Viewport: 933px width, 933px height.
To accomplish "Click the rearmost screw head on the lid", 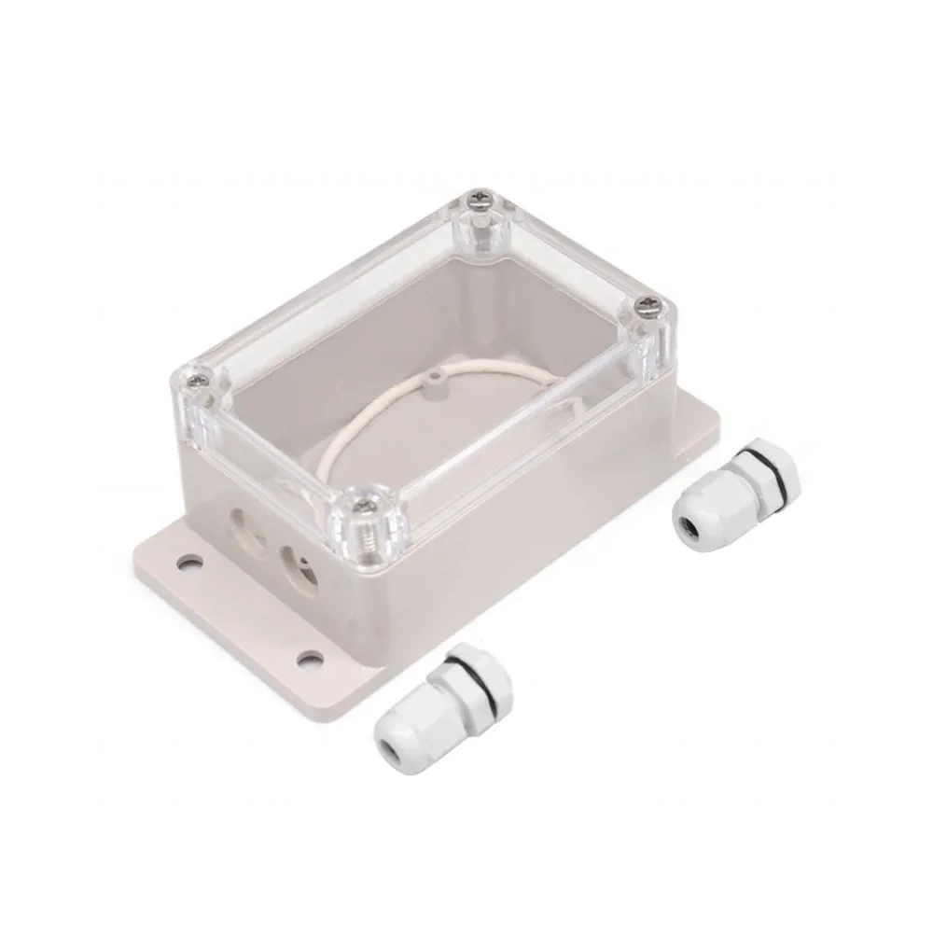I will tap(481, 199).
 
